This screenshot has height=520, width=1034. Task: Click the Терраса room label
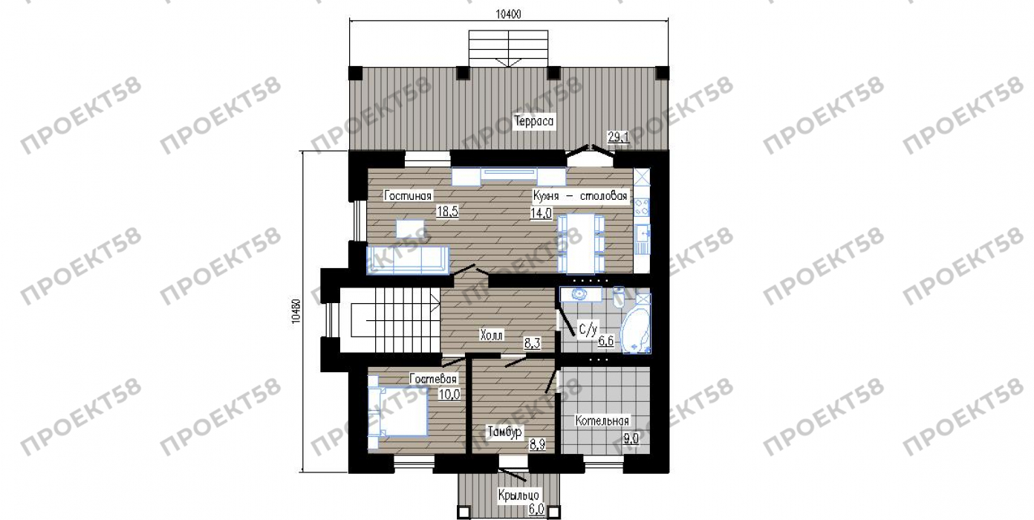click(x=533, y=122)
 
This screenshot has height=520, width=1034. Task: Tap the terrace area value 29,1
click(x=618, y=137)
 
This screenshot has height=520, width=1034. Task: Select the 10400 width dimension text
click(x=508, y=14)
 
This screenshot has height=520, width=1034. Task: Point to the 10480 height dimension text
click(x=296, y=311)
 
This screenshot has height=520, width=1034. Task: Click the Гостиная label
click(x=408, y=196)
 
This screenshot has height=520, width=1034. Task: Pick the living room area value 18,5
click(x=447, y=212)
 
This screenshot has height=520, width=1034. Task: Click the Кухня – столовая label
click(x=580, y=196)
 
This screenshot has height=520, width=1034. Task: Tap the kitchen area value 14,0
click(x=541, y=213)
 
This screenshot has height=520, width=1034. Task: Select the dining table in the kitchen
click(x=581, y=244)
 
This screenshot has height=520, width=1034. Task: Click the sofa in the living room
click(x=408, y=260)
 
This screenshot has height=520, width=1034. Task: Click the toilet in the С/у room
click(x=619, y=297)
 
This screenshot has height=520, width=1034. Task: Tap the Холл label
click(x=491, y=335)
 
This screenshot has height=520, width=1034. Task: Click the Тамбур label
click(x=505, y=432)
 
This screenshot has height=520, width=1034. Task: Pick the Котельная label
click(x=602, y=420)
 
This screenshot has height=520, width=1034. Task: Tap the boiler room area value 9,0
click(x=631, y=438)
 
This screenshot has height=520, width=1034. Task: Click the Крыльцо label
click(x=518, y=495)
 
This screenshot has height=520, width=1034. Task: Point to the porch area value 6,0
click(x=536, y=510)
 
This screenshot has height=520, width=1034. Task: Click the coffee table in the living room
click(x=410, y=229)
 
